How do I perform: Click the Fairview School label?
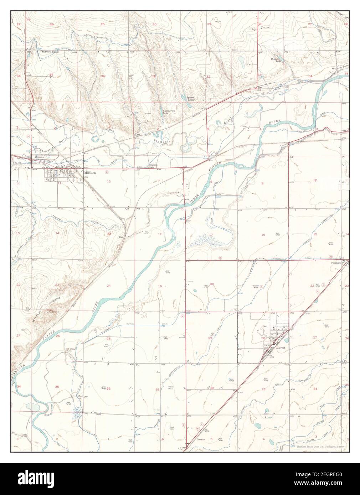point(50,52)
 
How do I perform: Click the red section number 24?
point(108,286)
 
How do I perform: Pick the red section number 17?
point(211,234)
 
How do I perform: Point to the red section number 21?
point(262,286)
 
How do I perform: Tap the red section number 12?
point(109,182)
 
